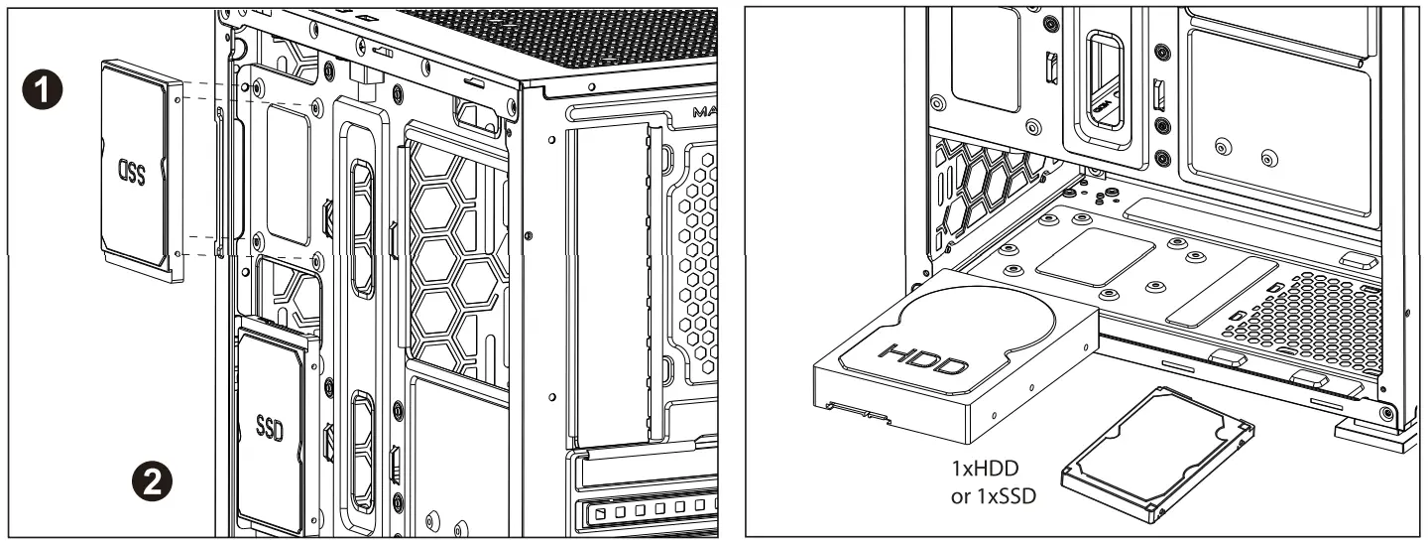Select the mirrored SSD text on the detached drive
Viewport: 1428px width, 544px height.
(x=132, y=173)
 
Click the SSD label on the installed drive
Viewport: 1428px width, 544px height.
(x=270, y=428)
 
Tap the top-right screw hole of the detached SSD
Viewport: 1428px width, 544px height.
(x=177, y=98)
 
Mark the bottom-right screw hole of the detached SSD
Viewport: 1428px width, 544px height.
(x=177, y=254)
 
